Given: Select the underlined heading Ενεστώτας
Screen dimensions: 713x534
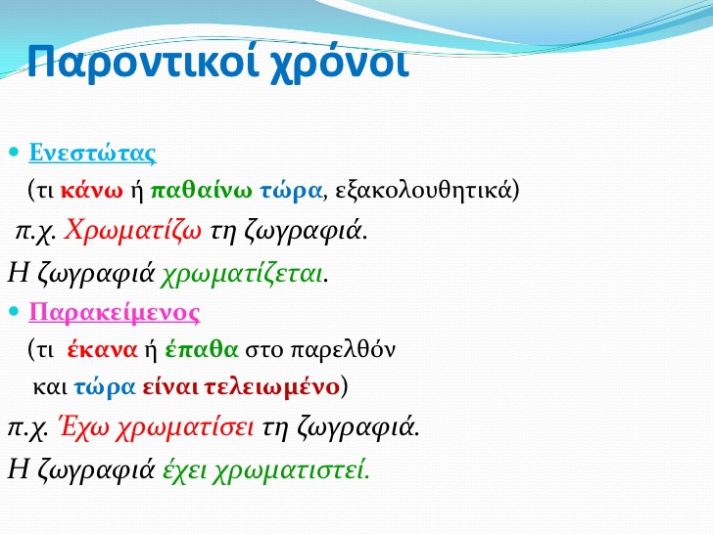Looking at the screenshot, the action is [x=92, y=153].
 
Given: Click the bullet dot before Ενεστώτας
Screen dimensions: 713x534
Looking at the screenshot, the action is [x=14, y=152].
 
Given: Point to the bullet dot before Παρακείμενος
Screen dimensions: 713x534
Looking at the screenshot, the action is [x=14, y=311].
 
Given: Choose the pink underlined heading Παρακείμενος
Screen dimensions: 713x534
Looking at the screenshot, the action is [x=115, y=312].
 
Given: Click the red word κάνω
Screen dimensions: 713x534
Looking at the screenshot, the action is [x=91, y=191].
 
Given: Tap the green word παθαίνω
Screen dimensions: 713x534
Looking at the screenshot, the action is [x=201, y=190].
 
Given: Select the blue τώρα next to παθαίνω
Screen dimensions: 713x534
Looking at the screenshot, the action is [x=291, y=191].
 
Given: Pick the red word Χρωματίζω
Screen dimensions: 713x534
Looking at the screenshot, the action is [x=132, y=231].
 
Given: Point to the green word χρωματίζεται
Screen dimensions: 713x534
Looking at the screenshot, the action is [x=242, y=274].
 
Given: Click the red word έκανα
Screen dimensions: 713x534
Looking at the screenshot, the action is [x=102, y=350].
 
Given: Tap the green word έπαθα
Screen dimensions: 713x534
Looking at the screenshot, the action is [x=202, y=349].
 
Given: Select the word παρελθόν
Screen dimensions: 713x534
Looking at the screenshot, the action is [x=343, y=350].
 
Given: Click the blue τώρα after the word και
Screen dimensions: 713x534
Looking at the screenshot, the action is [x=105, y=387].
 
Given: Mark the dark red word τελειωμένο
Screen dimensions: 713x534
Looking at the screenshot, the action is [x=271, y=387].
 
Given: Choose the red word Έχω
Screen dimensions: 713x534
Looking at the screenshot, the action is [x=85, y=426].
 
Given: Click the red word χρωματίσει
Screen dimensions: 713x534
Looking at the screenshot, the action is [x=184, y=427].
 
